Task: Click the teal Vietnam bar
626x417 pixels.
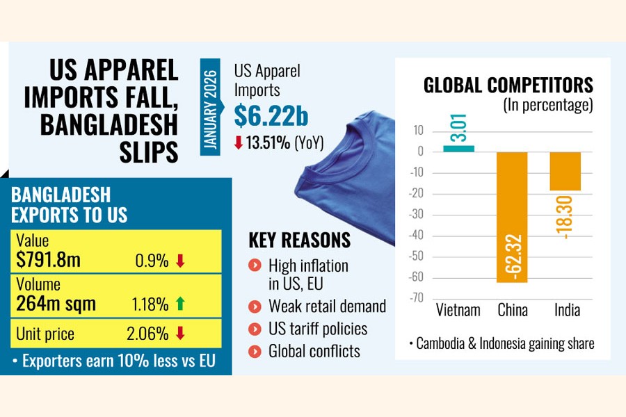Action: click(x=458, y=148)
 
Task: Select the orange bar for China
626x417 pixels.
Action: click(x=512, y=217)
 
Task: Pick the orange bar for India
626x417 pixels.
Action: click(x=565, y=171)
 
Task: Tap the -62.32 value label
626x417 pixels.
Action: click(x=512, y=256)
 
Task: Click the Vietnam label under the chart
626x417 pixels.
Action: click(x=458, y=310)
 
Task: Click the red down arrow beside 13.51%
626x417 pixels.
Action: click(x=239, y=144)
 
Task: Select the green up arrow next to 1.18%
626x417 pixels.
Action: click(x=180, y=304)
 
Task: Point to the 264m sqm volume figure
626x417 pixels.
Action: click(x=56, y=304)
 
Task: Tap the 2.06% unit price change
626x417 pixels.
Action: click(x=148, y=334)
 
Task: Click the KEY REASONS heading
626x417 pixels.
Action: click(x=300, y=240)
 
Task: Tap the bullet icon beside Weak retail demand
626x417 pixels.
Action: click(x=255, y=306)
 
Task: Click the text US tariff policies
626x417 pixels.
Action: click(x=318, y=329)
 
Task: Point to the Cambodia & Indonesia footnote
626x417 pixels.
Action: click(x=501, y=344)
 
